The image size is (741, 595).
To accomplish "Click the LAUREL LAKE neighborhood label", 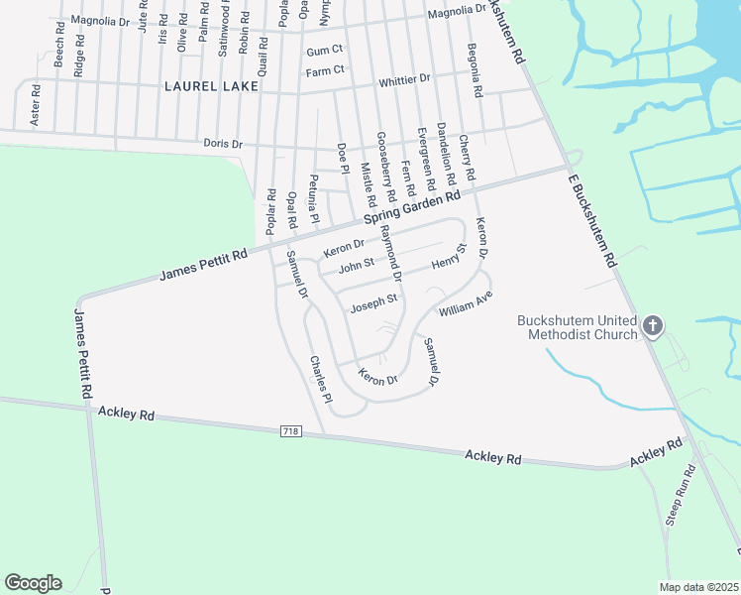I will pyautogui.click(x=211, y=86).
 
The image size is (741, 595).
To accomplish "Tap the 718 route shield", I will pyautogui.click(x=290, y=430).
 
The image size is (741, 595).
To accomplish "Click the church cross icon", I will pyautogui.click(x=653, y=325).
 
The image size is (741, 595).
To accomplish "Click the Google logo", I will pyautogui.click(x=33, y=583).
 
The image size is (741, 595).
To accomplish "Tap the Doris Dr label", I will pyautogui.click(x=223, y=143).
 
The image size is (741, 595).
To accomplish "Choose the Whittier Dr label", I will pyautogui.click(x=405, y=78).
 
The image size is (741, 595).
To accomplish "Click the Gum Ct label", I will pyautogui.click(x=324, y=50).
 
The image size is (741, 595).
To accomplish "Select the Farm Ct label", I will pyautogui.click(x=325, y=70).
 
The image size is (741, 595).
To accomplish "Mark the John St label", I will pyautogui.click(x=355, y=266).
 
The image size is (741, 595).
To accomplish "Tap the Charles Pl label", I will pyautogui.click(x=319, y=379).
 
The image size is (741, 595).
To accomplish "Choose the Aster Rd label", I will pyautogui.click(x=36, y=104).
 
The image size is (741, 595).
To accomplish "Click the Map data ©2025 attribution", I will pyautogui.click(x=699, y=586).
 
